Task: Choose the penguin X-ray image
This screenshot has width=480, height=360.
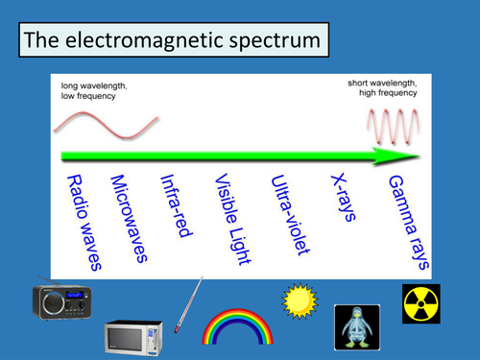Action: click(356, 327)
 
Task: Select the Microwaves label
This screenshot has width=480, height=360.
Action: click(129, 217)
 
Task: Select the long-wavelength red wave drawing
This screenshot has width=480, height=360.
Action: click(106, 126)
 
